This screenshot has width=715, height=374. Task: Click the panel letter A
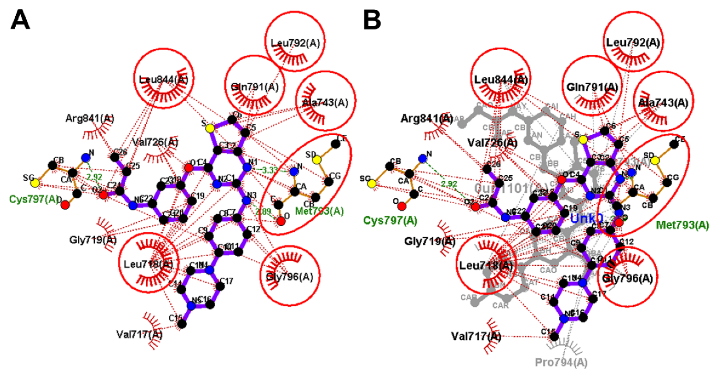click(20, 20)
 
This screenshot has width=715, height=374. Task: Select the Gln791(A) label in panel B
click(592, 87)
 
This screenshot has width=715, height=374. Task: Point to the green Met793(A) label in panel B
click(682, 225)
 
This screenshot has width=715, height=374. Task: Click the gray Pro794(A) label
click(561, 362)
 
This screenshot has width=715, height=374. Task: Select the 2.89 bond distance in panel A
click(263, 212)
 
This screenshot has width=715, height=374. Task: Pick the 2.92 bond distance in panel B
click(449, 184)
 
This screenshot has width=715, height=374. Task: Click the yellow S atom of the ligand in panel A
click(210, 128)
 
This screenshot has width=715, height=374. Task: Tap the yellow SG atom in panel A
click(35, 183)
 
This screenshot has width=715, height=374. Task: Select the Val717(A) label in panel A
click(139, 335)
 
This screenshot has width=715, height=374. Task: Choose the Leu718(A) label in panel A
click(148, 264)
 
